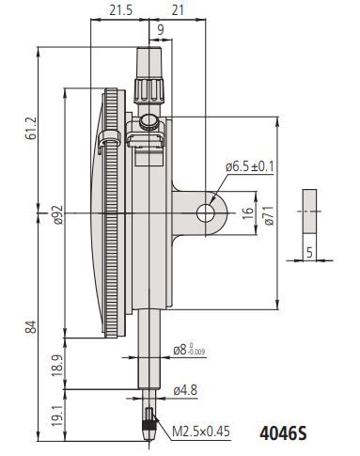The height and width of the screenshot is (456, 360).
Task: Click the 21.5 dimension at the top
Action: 121,10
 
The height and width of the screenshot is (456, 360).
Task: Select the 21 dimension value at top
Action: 178,10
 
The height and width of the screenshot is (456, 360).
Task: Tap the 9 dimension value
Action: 161,30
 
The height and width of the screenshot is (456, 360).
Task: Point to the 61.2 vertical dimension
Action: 32,128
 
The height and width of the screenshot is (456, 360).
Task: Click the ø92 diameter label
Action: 58,214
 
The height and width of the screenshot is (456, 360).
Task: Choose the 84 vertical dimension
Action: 32,327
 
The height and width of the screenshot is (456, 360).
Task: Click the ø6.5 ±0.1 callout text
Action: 250,166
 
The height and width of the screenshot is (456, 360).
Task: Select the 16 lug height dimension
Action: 248,213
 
